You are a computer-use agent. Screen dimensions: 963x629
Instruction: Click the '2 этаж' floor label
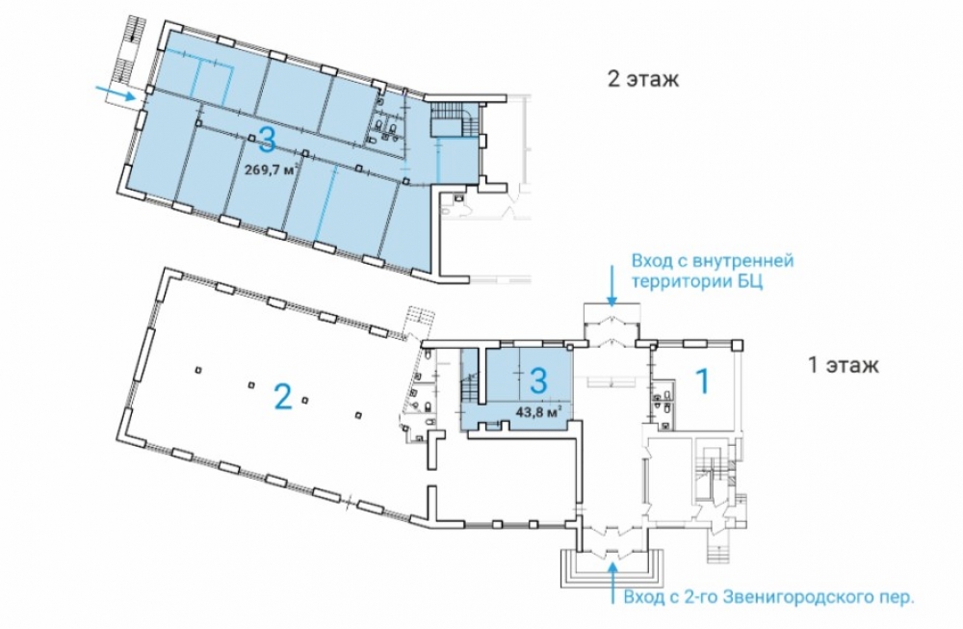point(643,79)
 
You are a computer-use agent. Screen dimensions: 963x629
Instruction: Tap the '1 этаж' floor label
point(843,365)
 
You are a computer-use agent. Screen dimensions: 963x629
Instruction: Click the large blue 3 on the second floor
point(267,138)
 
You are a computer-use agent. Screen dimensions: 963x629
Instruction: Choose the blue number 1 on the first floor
point(701,380)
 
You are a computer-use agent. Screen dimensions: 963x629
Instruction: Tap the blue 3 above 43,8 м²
point(538,380)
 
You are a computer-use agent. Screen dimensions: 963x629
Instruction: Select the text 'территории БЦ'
point(697,283)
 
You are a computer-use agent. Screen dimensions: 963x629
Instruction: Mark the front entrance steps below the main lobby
point(612,569)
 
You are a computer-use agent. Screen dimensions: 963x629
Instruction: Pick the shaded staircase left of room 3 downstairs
point(470,385)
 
